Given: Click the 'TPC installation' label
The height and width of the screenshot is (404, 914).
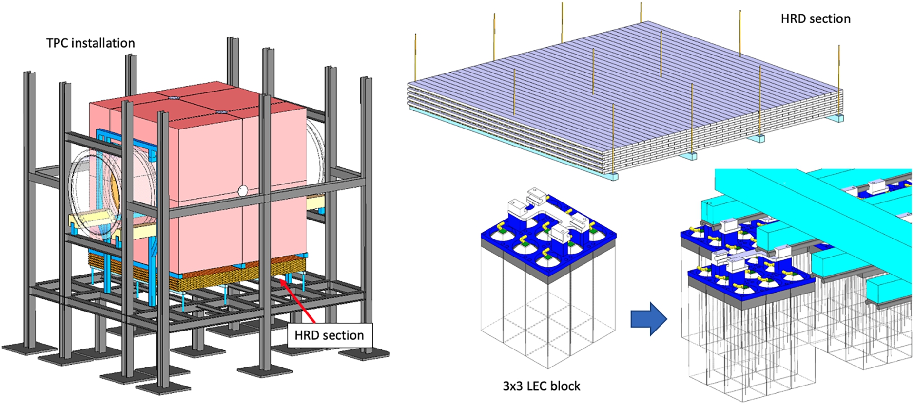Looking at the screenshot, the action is (x=91, y=43).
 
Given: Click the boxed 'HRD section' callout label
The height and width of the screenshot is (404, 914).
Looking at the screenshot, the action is (x=330, y=335).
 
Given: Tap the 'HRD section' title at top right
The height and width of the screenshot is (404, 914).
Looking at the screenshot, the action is (x=816, y=19).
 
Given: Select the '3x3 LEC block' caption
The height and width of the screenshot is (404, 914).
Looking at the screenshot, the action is (x=542, y=386).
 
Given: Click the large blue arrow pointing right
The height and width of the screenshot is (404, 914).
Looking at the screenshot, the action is (x=649, y=319).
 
